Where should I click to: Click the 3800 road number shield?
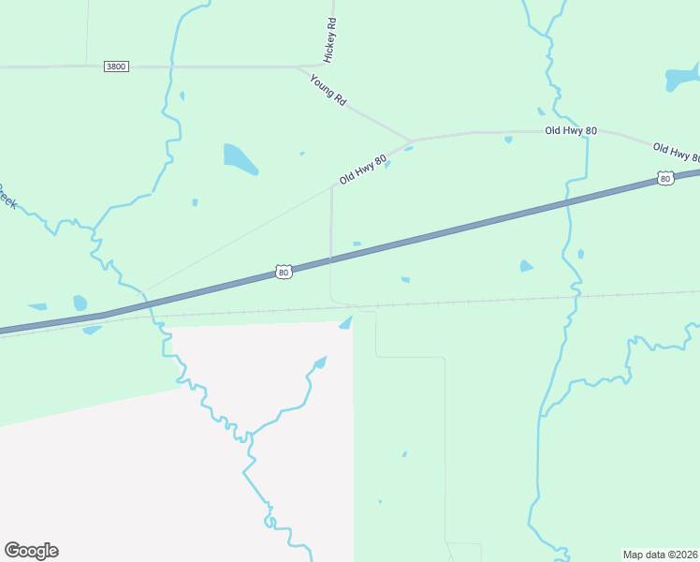116,67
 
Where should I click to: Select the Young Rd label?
328,90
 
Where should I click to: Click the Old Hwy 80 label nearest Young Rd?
363,169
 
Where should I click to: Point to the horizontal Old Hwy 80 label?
571,131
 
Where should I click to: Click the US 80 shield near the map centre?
284,272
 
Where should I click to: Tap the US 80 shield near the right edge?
664,178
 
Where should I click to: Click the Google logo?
31,551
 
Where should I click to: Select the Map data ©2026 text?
660,554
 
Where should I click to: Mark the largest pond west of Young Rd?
240,159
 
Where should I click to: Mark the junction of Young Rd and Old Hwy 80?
412,141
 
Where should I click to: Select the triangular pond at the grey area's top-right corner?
345,323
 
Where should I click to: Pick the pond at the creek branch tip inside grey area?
320,362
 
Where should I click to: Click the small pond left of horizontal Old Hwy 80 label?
508,140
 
